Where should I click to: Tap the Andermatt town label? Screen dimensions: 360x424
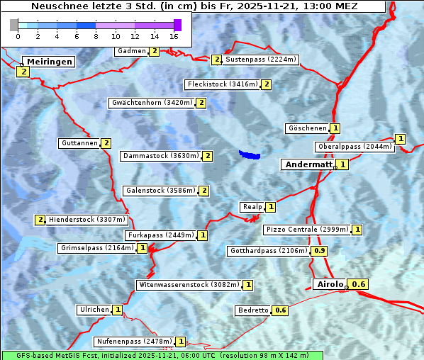tap(308, 164)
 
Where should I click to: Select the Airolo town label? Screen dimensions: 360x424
tap(330, 284)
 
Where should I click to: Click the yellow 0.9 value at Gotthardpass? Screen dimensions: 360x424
tap(320, 251)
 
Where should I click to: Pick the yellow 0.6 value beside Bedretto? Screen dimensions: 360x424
tap(281, 310)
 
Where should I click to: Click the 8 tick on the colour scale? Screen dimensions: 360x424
tap(96, 35)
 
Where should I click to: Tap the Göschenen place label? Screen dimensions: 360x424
tap(307, 128)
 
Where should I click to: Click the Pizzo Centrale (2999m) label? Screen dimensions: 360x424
tap(307, 230)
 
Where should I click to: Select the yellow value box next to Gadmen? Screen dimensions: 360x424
tap(155, 51)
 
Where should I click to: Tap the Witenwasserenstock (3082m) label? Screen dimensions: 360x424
tap(188, 285)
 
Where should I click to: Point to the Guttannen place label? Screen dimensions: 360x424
tap(79, 143)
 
